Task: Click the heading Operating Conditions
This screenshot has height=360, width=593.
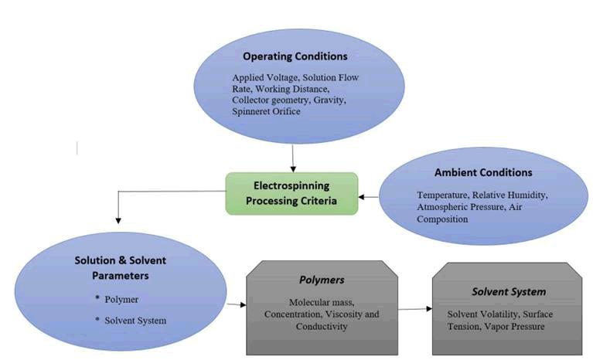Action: [x=295, y=56]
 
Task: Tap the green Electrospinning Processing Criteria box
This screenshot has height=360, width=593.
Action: [x=291, y=193]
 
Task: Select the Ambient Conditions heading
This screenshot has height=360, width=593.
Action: [x=484, y=172]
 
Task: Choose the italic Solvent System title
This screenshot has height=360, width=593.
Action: [x=509, y=291]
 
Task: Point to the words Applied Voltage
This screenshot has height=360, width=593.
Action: [x=255, y=78]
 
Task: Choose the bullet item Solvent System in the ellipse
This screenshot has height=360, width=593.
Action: [x=136, y=319]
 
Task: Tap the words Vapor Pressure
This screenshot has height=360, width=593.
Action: [x=527, y=326]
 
